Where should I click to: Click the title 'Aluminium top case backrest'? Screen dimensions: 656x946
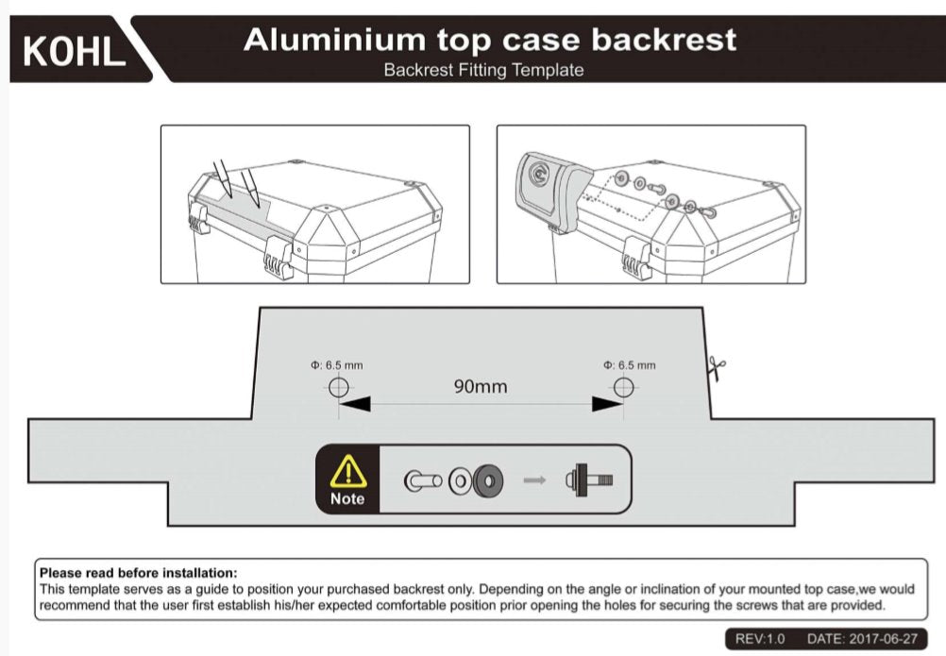[x=490, y=40]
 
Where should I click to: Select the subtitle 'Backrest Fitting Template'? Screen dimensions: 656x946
[x=483, y=70]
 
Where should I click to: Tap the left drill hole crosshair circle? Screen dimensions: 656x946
[x=339, y=387]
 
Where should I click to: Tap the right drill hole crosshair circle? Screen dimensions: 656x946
[x=623, y=387]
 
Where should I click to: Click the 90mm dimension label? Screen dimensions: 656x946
[x=480, y=386]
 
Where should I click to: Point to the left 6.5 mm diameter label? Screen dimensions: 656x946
[x=336, y=364]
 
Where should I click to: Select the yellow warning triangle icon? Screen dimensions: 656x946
[x=347, y=470]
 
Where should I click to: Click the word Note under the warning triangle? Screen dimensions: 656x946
[x=347, y=498]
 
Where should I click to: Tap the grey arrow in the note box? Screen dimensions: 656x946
[x=535, y=479]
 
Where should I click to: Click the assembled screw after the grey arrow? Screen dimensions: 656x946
[x=587, y=479]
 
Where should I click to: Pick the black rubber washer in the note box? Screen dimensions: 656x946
[x=489, y=479]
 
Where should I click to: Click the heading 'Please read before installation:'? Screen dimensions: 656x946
[x=138, y=572]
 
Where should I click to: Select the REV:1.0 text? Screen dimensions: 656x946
[x=759, y=639]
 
